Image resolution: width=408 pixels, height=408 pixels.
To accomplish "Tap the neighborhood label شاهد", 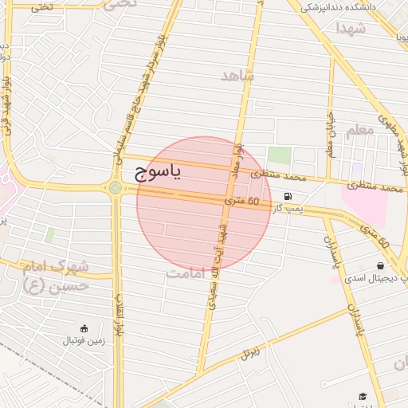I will [237, 76].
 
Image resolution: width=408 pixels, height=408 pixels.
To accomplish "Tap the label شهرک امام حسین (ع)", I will [55, 276].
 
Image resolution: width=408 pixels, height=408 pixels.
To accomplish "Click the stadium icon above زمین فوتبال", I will [84, 328].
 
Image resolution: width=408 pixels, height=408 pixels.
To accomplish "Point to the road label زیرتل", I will [252, 351].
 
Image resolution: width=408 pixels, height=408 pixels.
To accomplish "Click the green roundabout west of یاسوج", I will [116, 188].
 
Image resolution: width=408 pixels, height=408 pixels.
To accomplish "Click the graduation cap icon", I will [363, 396].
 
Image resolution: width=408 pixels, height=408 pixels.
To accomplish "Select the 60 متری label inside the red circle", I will [242, 202].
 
